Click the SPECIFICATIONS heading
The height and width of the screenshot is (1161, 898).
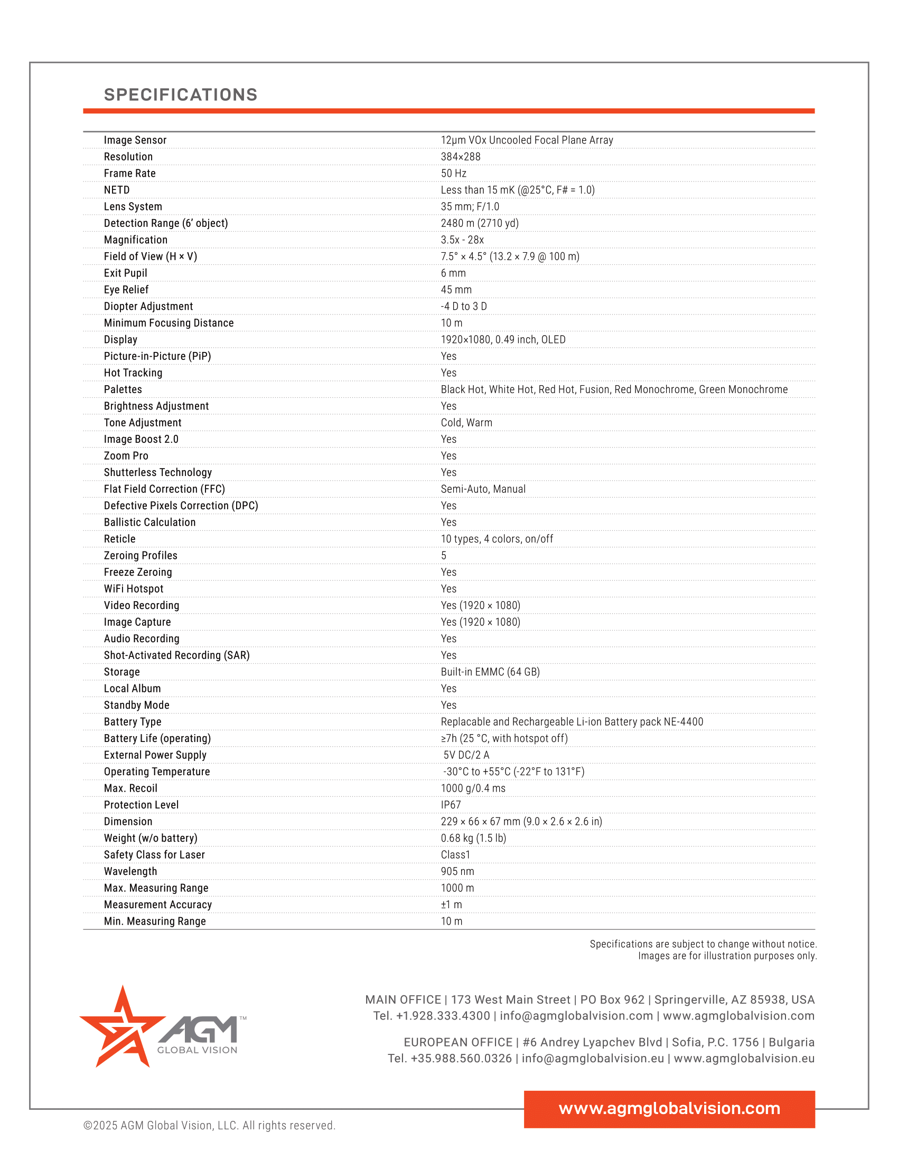point(180,94)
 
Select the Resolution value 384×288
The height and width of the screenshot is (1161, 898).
point(460,157)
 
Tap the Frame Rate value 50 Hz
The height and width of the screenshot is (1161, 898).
point(453,173)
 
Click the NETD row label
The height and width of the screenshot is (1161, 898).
point(117,190)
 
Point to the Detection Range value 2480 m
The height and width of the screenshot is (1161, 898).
point(479,223)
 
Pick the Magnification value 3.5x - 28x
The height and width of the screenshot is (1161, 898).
point(462,240)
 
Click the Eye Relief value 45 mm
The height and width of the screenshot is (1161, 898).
point(456,290)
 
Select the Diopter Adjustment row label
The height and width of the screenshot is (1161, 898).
point(148,306)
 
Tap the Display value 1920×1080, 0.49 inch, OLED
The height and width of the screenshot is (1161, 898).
point(503,340)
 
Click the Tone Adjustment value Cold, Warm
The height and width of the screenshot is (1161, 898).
point(466,423)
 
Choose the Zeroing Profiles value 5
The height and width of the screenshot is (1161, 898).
point(444,556)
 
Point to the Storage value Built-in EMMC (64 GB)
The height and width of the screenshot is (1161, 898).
point(490,672)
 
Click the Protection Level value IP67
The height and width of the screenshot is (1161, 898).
point(451,805)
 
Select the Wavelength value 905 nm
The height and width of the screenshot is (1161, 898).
point(457,871)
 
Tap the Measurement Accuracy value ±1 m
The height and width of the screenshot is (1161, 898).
point(451,905)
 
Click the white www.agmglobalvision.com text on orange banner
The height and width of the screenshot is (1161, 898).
point(669,1108)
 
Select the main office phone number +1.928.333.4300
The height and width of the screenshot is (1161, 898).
point(443,1016)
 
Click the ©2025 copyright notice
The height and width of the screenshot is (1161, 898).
point(209,1126)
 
